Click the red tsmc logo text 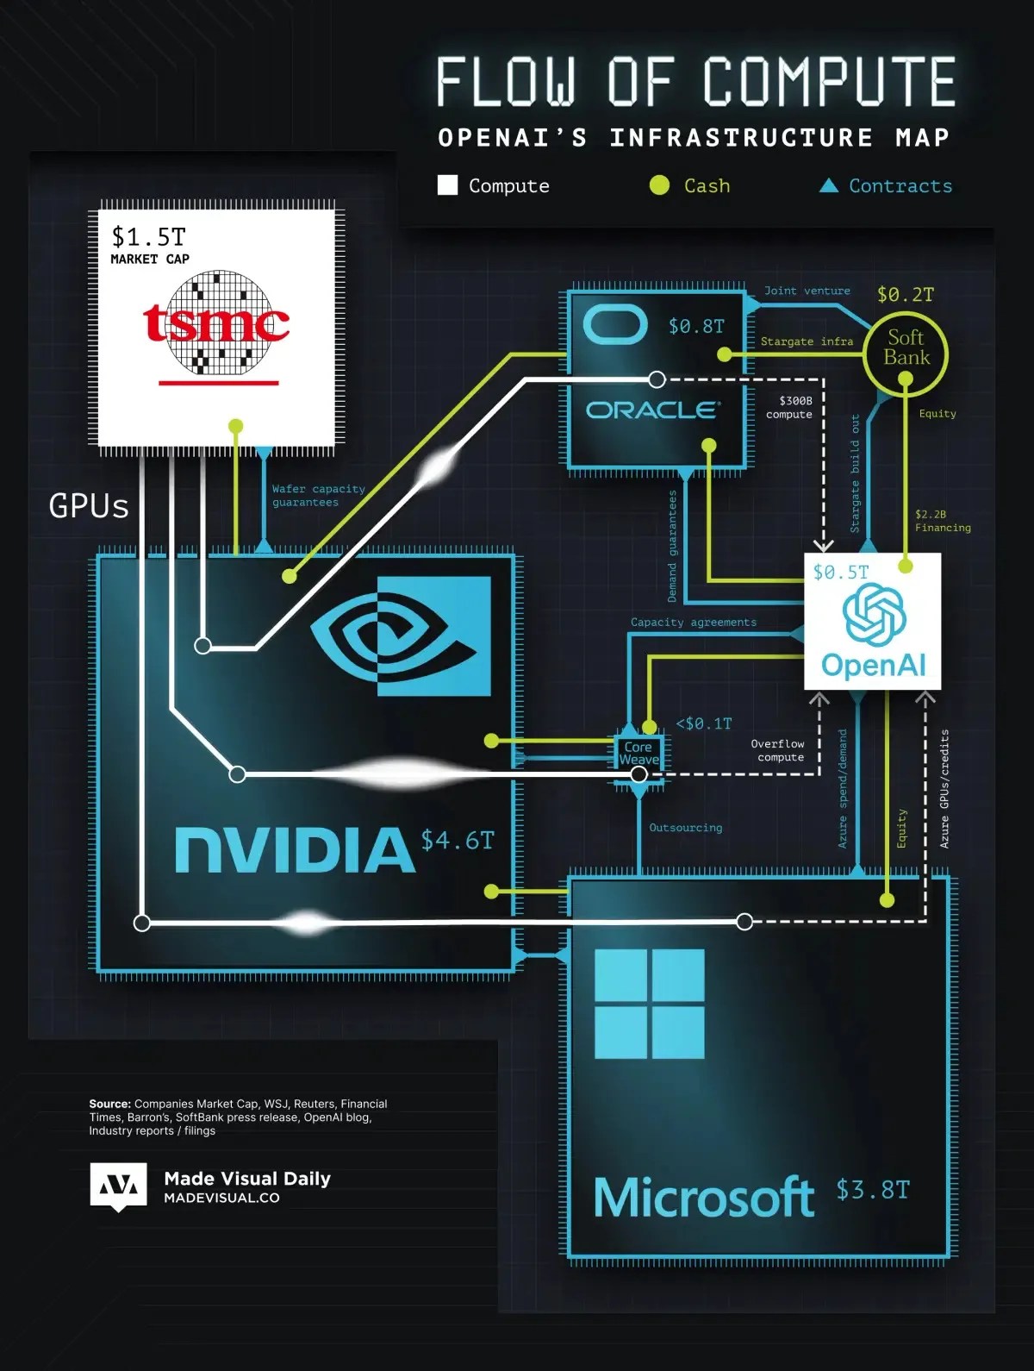(215, 324)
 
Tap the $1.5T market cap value (148, 236)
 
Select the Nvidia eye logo (401, 635)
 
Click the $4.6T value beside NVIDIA (458, 840)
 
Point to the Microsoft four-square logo (649, 1004)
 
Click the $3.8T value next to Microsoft (872, 1190)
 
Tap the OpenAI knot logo (874, 614)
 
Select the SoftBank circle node (906, 348)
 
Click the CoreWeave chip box (638, 754)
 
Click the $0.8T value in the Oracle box (696, 326)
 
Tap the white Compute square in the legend (447, 185)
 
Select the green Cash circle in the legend (659, 185)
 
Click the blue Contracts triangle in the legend (828, 185)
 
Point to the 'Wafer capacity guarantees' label (317, 495)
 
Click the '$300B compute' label (790, 407)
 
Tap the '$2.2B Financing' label (942, 521)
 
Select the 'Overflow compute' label (779, 750)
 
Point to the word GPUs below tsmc (89, 506)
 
